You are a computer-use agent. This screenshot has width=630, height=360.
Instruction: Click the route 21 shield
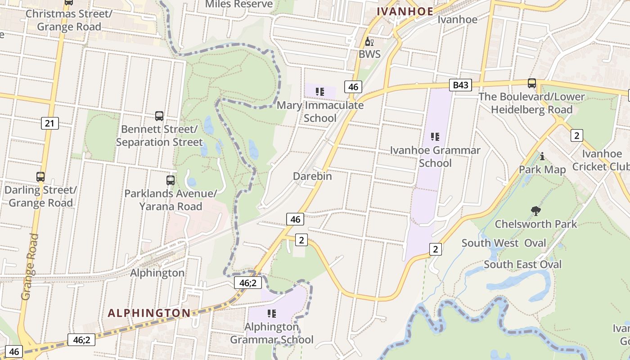(x=49, y=123)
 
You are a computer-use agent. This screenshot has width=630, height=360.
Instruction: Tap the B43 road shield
(x=460, y=85)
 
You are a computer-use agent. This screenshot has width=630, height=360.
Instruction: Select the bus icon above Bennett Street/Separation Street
(x=159, y=116)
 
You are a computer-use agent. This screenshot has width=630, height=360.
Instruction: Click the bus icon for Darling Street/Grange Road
(x=40, y=177)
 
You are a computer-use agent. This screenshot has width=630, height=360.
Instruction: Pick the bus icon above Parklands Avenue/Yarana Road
(x=170, y=180)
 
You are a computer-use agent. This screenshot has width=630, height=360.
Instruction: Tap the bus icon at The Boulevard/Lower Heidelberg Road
(x=531, y=83)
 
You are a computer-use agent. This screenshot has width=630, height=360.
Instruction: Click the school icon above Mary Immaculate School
(x=320, y=92)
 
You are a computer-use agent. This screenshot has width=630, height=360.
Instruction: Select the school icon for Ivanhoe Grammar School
(x=435, y=136)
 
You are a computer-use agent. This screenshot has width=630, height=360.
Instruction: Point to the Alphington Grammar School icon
(x=271, y=313)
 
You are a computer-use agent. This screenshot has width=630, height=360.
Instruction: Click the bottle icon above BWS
(x=369, y=42)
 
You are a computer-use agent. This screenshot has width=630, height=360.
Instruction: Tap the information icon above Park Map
(x=542, y=156)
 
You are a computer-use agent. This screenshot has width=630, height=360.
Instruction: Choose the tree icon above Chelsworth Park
(x=535, y=211)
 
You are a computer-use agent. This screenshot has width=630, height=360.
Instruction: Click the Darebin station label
(x=312, y=176)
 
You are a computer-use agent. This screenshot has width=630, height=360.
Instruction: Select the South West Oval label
(x=504, y=243)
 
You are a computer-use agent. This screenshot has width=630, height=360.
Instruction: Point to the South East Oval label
(x=522, y=264)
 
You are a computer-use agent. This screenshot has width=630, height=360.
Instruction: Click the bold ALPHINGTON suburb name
(x=149, y=313)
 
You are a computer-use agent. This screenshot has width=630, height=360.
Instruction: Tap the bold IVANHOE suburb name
(x=405, y=11)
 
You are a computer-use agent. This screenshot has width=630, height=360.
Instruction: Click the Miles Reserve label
(x=238, y=4)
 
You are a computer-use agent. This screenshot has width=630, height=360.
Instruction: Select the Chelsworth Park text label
(x=535, y=224)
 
